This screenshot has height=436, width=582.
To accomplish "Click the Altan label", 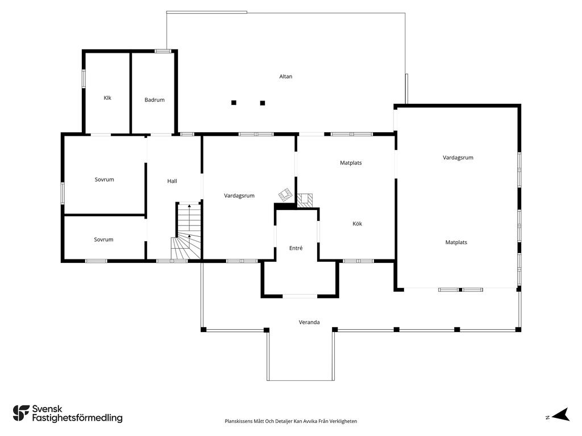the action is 285,77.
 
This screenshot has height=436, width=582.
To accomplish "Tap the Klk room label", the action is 107,98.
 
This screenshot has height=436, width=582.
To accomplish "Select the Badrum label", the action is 155,100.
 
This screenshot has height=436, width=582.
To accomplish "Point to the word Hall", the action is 172,181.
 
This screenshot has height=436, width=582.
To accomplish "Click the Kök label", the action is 357,224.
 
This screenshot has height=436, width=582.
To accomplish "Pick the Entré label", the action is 296,248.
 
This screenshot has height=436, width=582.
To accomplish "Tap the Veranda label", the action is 309,322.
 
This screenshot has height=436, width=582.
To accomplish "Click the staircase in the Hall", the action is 187,232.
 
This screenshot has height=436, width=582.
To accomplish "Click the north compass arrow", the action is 560,415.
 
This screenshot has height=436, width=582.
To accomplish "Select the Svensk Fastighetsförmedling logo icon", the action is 21,413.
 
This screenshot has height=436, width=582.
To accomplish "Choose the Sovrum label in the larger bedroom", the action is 105,179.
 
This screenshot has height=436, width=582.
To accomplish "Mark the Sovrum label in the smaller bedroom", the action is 103,240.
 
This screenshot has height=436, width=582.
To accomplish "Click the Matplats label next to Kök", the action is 351,163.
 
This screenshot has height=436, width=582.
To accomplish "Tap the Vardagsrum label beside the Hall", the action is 239,196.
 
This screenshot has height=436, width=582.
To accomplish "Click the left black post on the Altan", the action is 234,103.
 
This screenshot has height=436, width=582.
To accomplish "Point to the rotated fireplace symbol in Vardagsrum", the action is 285,195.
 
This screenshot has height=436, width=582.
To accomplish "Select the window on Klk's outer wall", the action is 84,78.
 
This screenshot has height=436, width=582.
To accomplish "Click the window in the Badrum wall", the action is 163,51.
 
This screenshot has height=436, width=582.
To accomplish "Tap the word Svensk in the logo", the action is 47,409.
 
